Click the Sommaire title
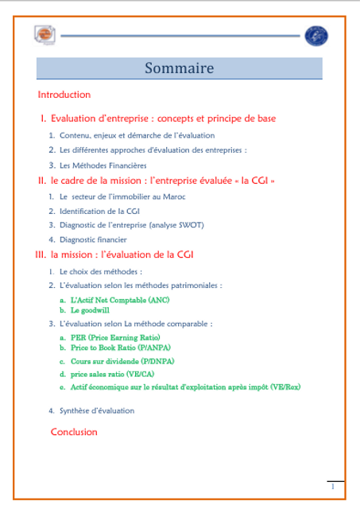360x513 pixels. [x=179, y=68]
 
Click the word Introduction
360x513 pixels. [x=64, y=95]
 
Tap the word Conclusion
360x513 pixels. [x=74, y=432]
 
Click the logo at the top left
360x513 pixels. [x=45, y=35]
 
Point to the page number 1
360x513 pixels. [x=332, y=486]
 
